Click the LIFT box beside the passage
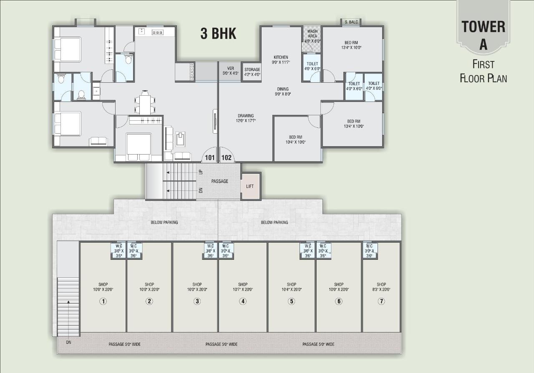[x=250, y=186]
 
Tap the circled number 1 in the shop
[x=103, y=301]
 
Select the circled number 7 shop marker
[x=381, y=301]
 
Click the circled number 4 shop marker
[x=243, y=301]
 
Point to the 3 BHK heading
[x=218, y=34]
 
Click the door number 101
[x=209, y=158]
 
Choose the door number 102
[x=227, y=158]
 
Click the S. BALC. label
[x=351, y=22]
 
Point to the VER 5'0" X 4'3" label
[x=230, y=71]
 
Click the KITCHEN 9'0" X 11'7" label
[x=281, y=60]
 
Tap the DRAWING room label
[x=246, y=118]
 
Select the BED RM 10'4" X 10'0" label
[x=295, y=140]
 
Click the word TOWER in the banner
[x=483, y=27]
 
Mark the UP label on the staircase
[x=201, y=172]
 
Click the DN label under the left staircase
[x=68, y=343]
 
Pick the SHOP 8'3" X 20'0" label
[x=381, y=287]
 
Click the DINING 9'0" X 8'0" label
[x=283, y=91]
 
